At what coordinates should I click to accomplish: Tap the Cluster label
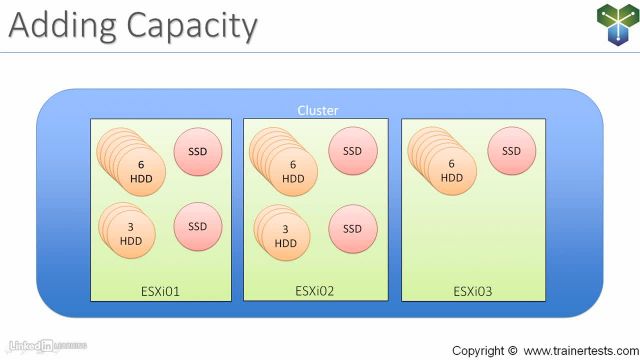click(x=318, y=110)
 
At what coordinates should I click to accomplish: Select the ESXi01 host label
click(x=161, y=292)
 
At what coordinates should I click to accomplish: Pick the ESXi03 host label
click(x=473, y=292)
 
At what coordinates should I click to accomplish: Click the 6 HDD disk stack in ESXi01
click(x=138, y=169)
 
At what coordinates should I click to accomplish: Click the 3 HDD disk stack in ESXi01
click(x=135, y=233)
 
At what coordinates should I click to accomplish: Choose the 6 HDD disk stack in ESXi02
click(x=290, y=170)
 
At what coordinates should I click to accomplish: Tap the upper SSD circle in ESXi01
click(x=198, y=152)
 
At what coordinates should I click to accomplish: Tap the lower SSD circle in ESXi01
click(x=198, y=226)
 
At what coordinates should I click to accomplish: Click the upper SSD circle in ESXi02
click(x=352, y=152)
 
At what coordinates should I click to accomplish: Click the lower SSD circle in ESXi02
click(x=352, y=229)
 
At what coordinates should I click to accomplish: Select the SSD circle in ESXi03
click(x=511, y=152)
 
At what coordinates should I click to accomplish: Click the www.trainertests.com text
click(x=577, y=351)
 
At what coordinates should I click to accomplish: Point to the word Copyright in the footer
click(x=478, y=351)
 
